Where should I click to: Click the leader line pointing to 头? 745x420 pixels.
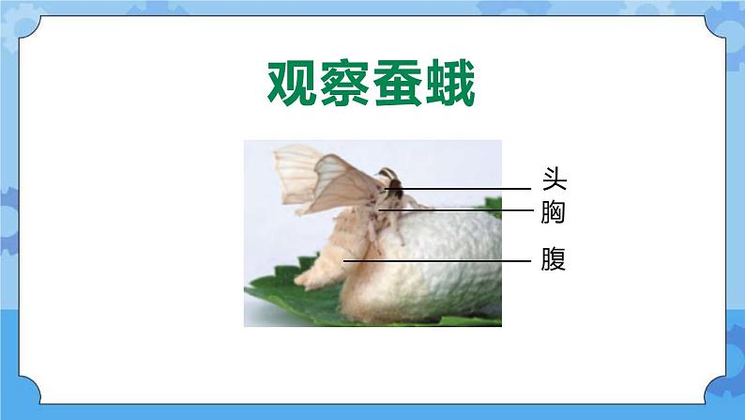[x=469, y=188]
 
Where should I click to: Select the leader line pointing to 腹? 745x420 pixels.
[x=441, y=260]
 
